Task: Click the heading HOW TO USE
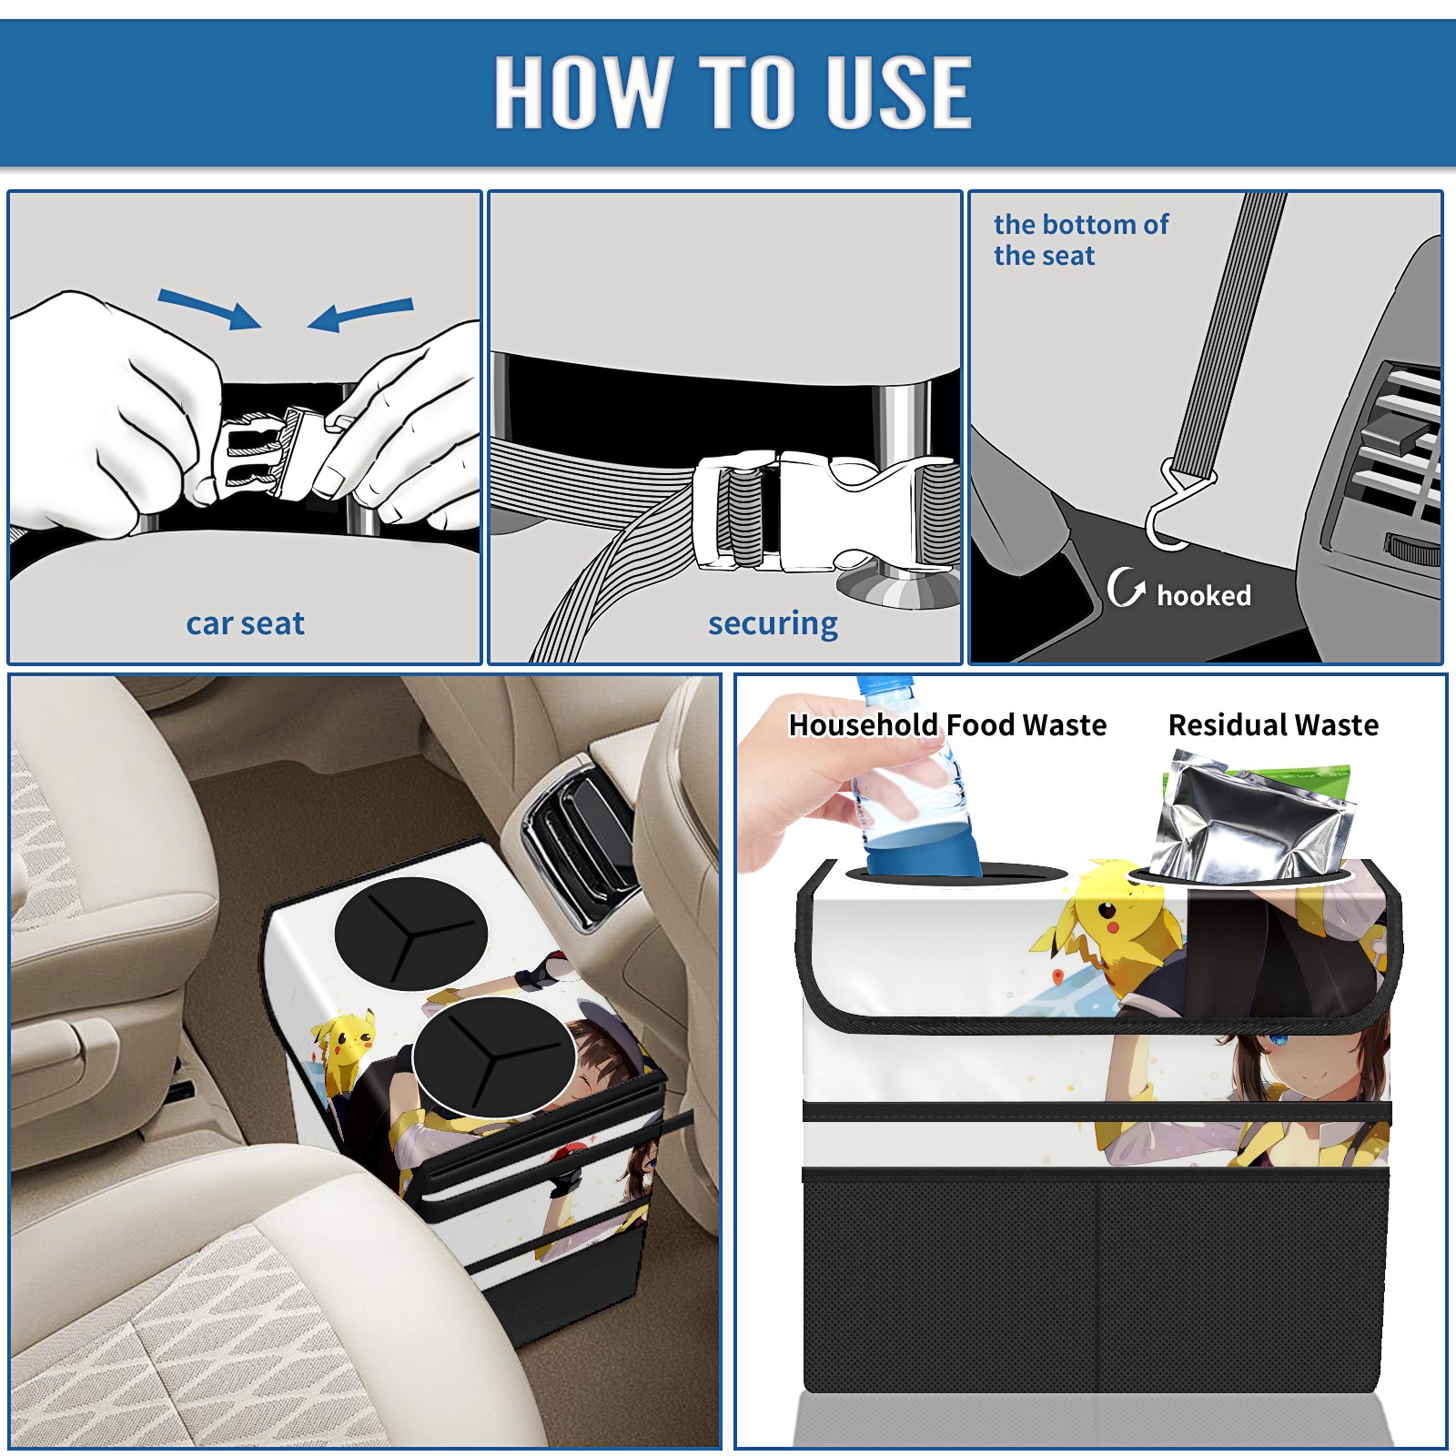[x=733, y=91]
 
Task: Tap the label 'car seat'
[x=245, y=623]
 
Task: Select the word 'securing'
[x=773, y=623]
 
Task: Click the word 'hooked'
[x=1204, y=595]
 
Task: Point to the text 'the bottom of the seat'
[x=1081, y=239]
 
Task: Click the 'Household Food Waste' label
[x=947, y=724]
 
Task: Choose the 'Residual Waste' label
[x=1273, y=724]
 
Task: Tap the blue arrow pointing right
[x=210, y=308]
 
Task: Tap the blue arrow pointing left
[x=360, y=314]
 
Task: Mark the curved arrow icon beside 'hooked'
[x=1126, y=587]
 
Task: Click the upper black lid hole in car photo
[x=411, y=934]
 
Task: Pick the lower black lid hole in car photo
[x=494, y=1058]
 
